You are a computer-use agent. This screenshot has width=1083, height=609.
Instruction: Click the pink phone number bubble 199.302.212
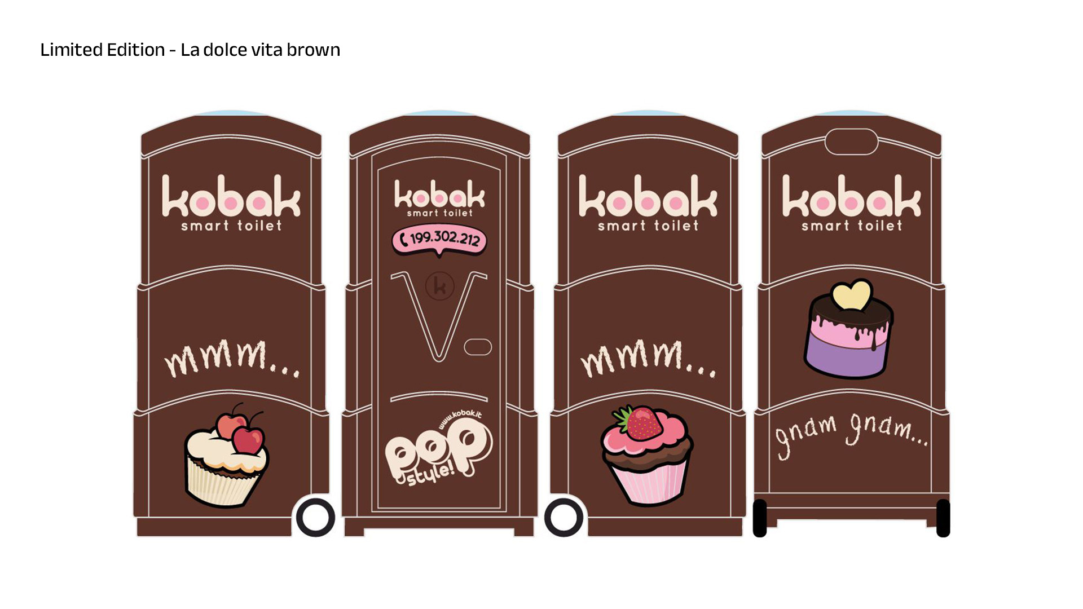click(x=439, y=240)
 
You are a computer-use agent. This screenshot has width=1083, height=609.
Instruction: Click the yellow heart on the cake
click(x=852, y=294)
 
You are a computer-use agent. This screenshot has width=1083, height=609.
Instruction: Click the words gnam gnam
click(x=851, y=434)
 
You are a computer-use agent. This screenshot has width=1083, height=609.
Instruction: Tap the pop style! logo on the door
click(x=438, y=451)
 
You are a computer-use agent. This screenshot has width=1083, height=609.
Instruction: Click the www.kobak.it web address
click(x=460, y=420)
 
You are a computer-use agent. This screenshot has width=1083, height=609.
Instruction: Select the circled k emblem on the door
click(x=440, y=286)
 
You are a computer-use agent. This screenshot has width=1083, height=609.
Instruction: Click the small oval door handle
click(x=478, y=347)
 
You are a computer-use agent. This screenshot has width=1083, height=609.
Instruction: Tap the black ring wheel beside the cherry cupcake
click(x=315, y=518)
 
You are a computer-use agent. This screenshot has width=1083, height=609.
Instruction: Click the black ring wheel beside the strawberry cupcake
click(x=563, y=518)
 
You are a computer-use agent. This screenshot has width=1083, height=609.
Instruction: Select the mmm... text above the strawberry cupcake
click(x=648, y=358)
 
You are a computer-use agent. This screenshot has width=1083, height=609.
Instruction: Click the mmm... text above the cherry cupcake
click(x=232, y=358)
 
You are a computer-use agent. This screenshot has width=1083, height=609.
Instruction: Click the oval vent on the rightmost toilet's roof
click(x=851, y=141)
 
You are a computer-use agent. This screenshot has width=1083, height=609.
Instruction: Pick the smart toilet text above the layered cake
click(x=852, y=226)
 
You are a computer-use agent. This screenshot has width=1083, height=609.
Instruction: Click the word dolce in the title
click(x=225, y=50)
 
